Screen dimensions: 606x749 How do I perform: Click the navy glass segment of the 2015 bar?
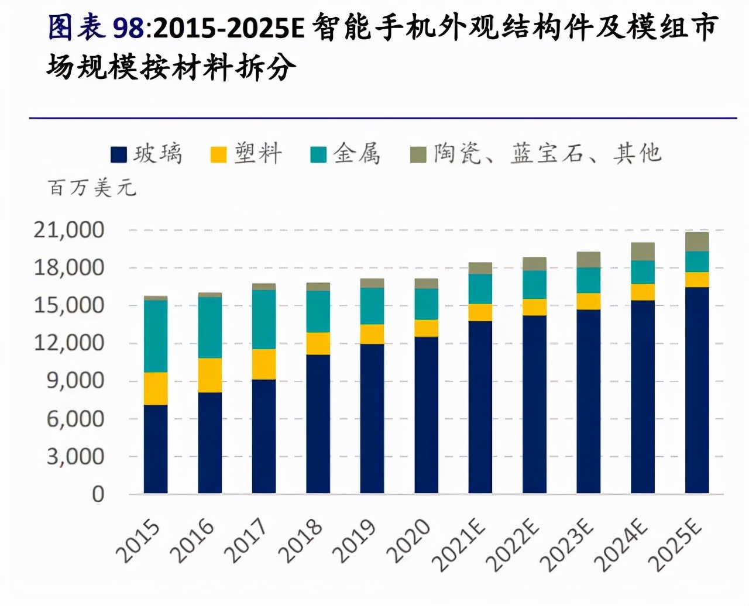click(x=156, y=449)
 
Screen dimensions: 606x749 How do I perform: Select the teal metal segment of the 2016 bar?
click(x=209, y=328)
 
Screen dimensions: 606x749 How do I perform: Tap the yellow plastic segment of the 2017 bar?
click(x=264, y=364)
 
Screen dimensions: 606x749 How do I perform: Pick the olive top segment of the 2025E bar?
click(x=697, y=242)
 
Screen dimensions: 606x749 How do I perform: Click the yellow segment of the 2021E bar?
click(x=480, y=312)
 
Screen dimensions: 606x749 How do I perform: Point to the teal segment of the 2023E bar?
click(x=588, y=280)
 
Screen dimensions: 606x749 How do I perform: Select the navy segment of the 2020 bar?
click(x=426, y=415)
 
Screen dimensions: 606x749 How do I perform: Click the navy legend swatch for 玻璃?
click(x=119, y=154)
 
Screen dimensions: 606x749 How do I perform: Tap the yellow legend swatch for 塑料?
click(x=218, y=154)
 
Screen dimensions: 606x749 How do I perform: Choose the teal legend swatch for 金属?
click(x=318, y=154)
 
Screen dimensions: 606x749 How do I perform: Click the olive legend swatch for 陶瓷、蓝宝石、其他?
click(x=418, y=154)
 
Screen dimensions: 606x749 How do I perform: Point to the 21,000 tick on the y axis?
click(x=69, y=230)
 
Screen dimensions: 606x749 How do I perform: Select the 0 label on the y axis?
click(x=98, y=494)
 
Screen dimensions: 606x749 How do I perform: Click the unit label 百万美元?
click(x=92, y=188)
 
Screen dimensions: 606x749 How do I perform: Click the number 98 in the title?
click(x=128, y=28)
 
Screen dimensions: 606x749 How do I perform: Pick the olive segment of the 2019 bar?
click(x=372, y=283)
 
